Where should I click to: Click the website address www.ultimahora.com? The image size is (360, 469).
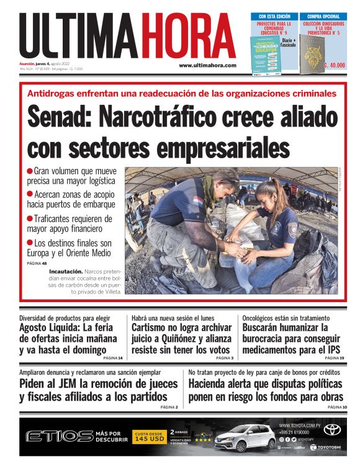(x=207, y=65)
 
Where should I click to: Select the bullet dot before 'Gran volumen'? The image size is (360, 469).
(x=30, y=171)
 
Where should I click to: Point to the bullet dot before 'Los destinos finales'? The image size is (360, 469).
(x=30, y=243)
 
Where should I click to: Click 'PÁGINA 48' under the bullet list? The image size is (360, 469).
(x=37, y=263)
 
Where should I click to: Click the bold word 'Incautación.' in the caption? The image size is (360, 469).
(x=66, y=271)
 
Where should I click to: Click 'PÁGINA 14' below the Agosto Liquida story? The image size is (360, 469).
(x=112, y=358)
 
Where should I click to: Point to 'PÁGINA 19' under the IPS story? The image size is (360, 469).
(x=333, y=358)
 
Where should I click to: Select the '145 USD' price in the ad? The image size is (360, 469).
(x=148, y=439)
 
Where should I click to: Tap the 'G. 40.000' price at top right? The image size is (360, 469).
(x=333, y=65)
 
